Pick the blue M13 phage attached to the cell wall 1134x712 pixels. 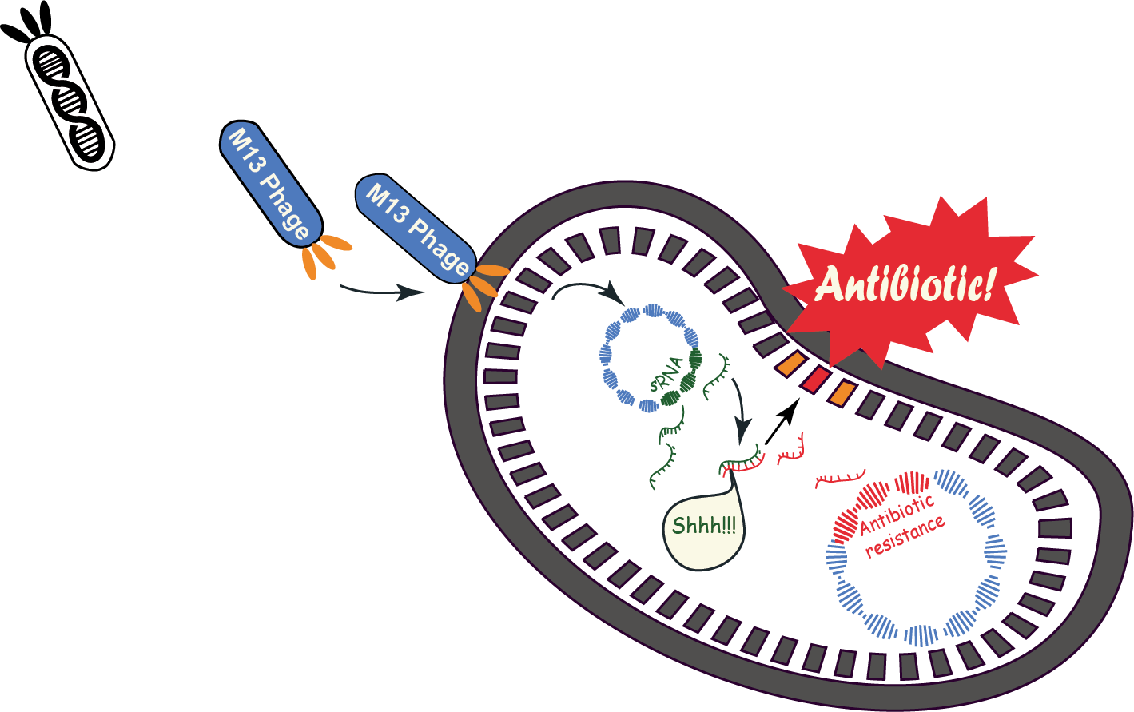(x=416, y=229)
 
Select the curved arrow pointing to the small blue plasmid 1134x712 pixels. (x=587, y=289)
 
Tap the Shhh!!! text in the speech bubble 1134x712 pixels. (x=703, y=526)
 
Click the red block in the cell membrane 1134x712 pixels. (x=816, y=379)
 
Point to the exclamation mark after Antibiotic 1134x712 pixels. (x=989, y=284)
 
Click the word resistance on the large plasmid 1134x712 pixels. (x=905, y=535)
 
